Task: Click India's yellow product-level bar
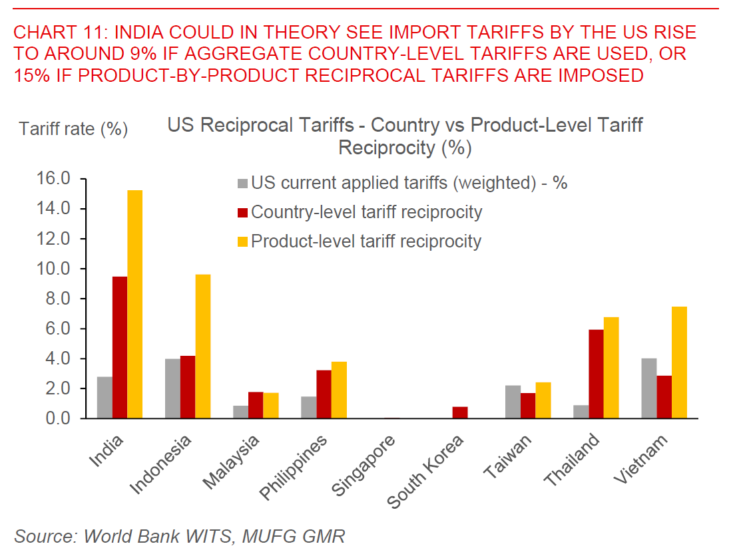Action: pos(134,304)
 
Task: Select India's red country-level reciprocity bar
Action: pos(120,347)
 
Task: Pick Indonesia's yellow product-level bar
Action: pos(202,346)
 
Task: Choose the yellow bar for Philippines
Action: pos(339,390)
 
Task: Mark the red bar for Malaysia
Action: pos(256,405)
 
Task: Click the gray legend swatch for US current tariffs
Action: pos(243,183)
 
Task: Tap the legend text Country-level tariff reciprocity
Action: pos(367,212)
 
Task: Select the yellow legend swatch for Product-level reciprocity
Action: pos(243,241)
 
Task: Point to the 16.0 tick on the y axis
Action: pos(57,179)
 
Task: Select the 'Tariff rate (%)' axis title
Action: pos(73,128)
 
